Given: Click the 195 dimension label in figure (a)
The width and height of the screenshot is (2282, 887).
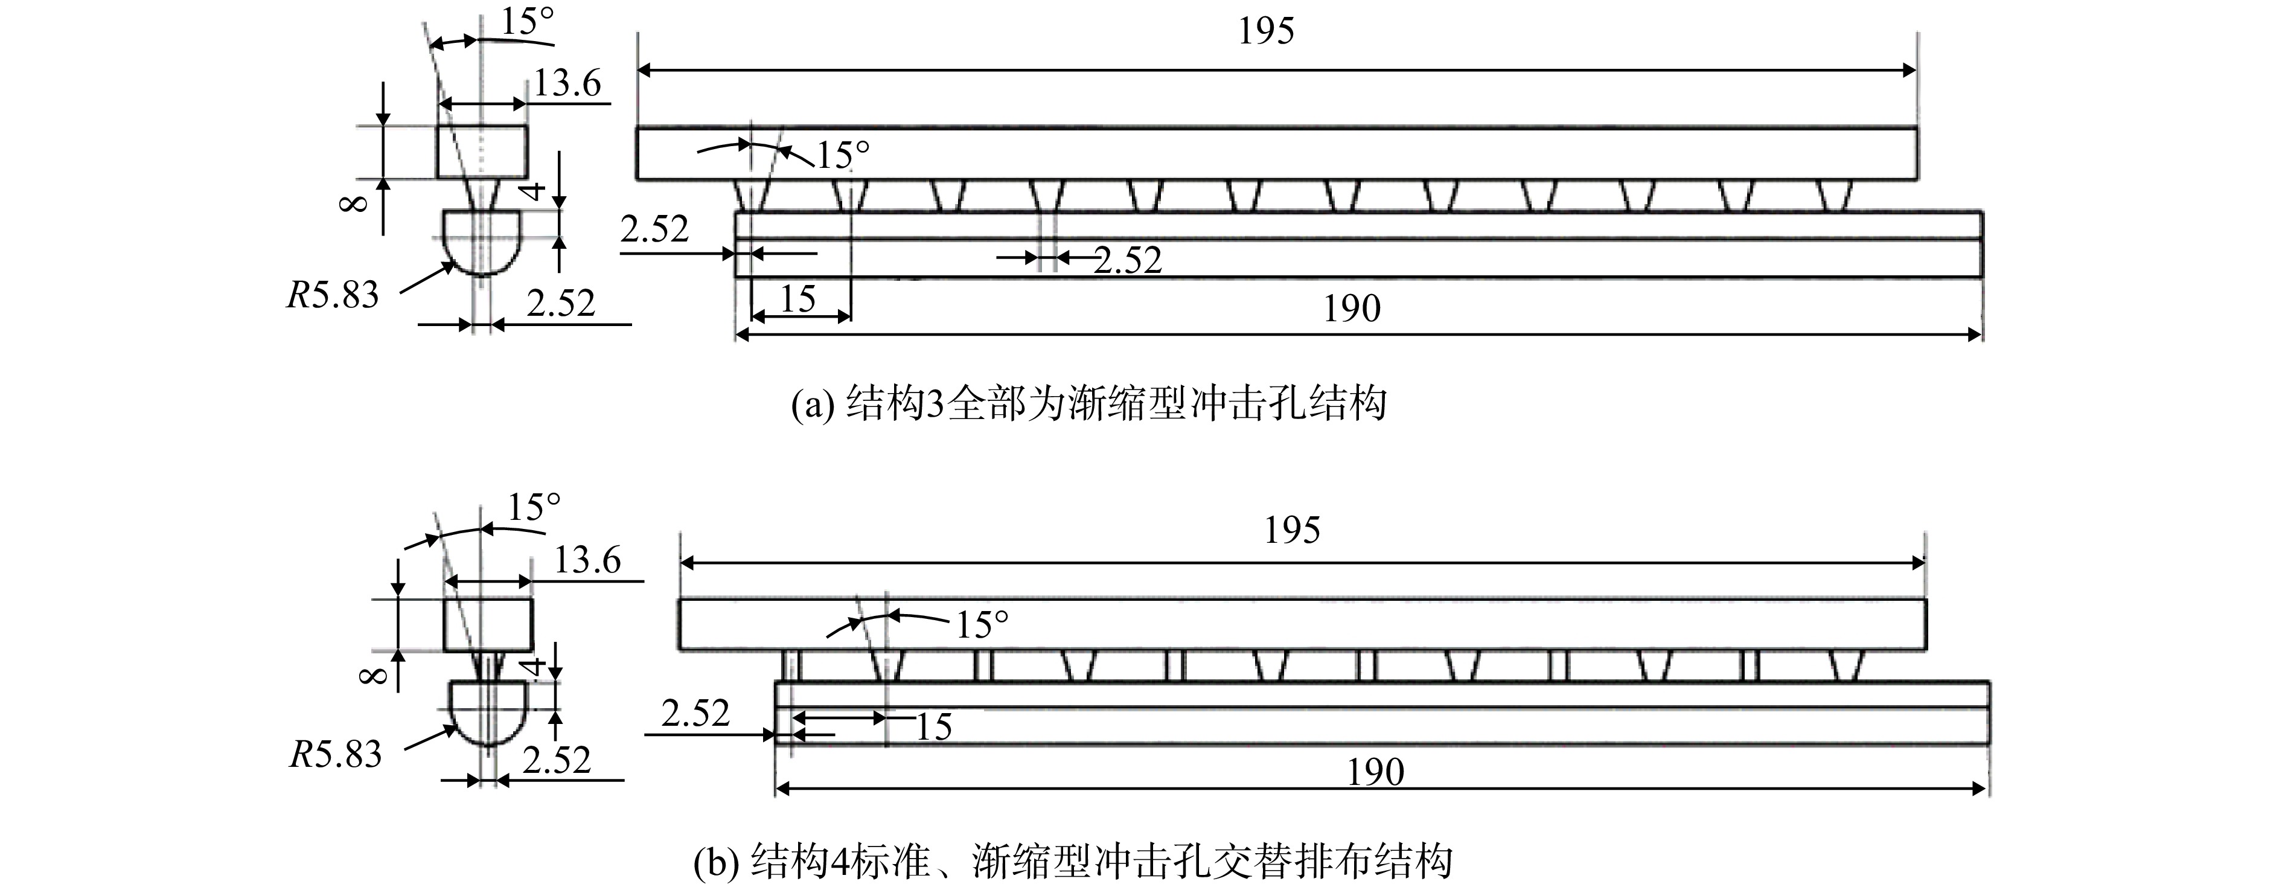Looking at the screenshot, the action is click(x=1266, y=32).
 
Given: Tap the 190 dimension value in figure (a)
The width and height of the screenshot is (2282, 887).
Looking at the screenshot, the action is click(x=1352, y=309).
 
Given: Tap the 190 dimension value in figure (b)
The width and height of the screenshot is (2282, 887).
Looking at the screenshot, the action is click(x=1376, y=773).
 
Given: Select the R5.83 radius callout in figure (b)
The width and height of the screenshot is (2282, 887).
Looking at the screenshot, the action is click(x=336, y=755).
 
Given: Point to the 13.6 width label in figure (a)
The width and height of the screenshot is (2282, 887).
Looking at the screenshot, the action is click(x=567, y=84).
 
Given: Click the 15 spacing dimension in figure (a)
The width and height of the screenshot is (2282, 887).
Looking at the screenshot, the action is click(x=797, y=299).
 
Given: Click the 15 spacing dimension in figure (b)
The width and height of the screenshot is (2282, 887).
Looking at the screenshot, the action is click(x=934, y=728).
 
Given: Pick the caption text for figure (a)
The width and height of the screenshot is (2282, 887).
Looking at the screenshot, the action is click(x=1088, y=404).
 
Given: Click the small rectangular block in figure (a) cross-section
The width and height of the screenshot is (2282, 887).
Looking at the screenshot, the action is click(x=482, y=152).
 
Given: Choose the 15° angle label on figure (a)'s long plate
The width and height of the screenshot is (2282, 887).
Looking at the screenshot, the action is click(x=842, y=156).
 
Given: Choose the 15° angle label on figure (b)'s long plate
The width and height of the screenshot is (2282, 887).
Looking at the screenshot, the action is click(x=982, y=626).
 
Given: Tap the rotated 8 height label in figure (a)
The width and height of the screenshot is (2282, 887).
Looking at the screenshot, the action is click(x=353, y=205).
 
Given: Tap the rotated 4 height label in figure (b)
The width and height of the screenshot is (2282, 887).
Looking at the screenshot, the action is click(x=531, y=667).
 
